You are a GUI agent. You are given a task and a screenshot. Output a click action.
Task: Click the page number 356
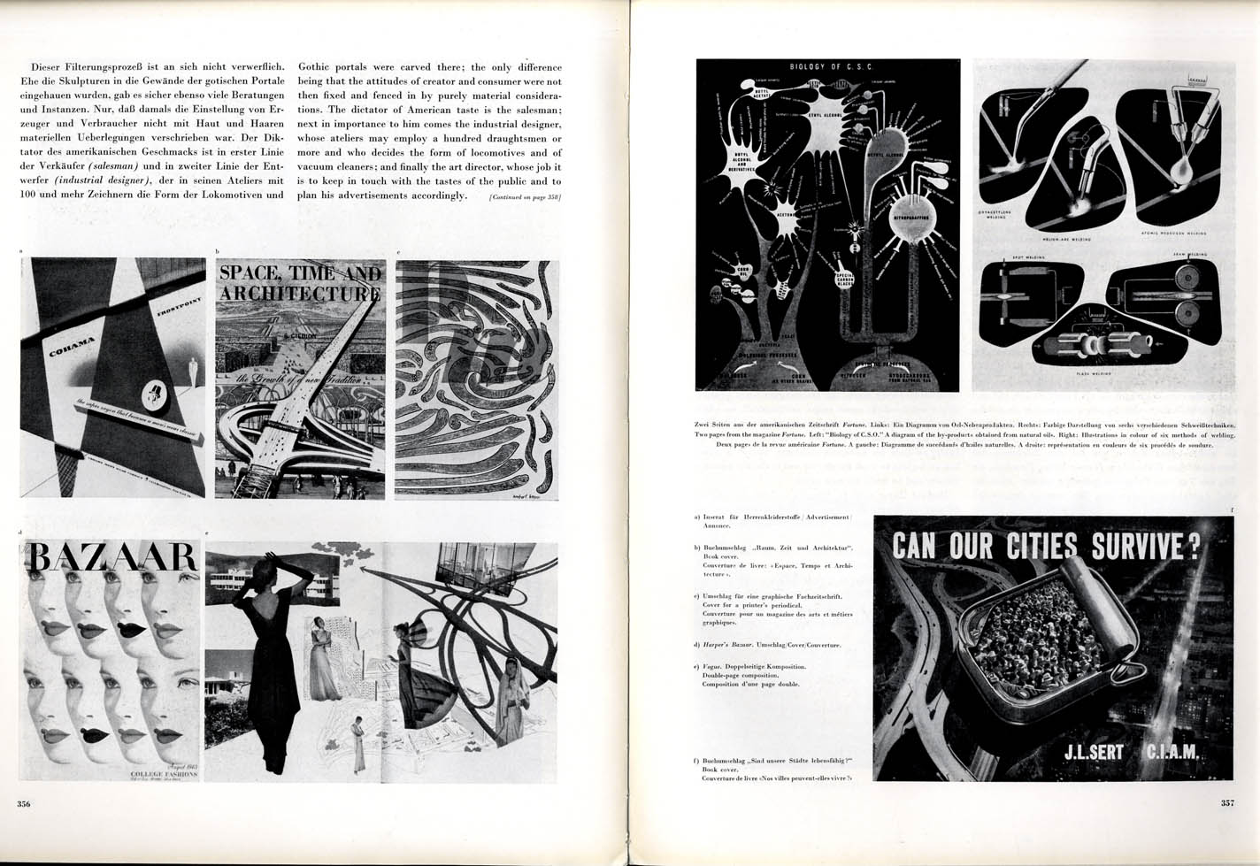click(x=23, y=804)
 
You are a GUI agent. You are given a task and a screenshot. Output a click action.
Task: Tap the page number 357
click(x=1227, y=804)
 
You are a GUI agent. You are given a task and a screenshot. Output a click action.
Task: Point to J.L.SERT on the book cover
click(x=1084, y=754)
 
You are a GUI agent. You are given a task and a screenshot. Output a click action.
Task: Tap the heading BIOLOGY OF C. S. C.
click(x=826, y=67)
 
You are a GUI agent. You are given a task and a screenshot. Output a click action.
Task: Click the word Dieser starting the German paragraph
click(x=49, y=66)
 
